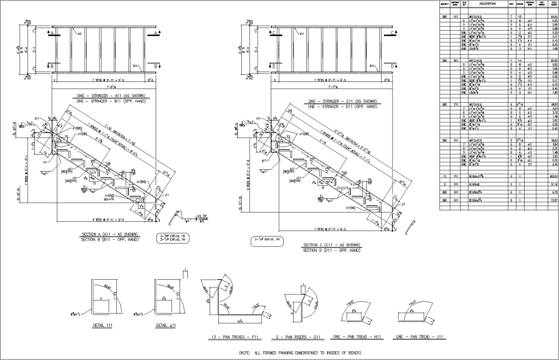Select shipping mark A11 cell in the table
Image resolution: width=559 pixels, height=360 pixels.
[x=456, y=16]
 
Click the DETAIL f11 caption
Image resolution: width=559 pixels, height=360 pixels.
[x=103, y=324]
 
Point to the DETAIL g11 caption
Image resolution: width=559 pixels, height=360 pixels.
[x=162, y=324]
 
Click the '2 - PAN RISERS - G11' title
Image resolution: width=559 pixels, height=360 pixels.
[x=301, y=338]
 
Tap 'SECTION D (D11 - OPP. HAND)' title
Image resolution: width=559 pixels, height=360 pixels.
[x=331, y=250]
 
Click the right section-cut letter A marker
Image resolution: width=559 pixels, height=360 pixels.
[x=157, y=33]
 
